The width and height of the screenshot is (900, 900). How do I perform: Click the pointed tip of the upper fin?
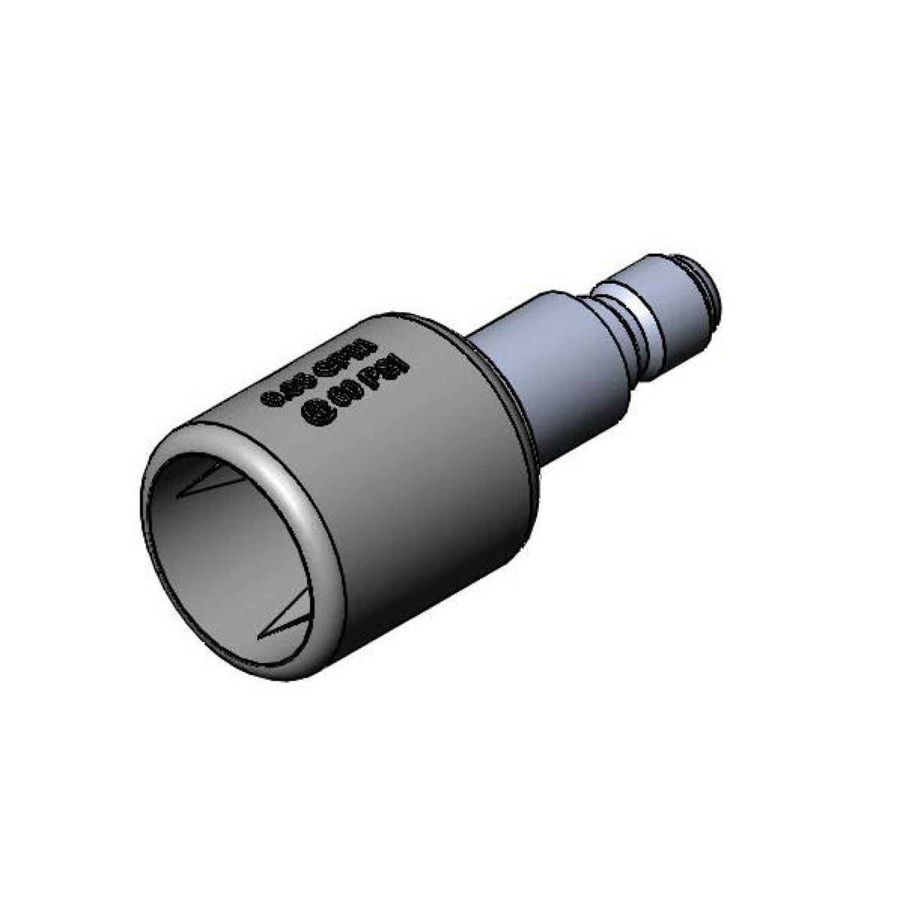179,496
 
